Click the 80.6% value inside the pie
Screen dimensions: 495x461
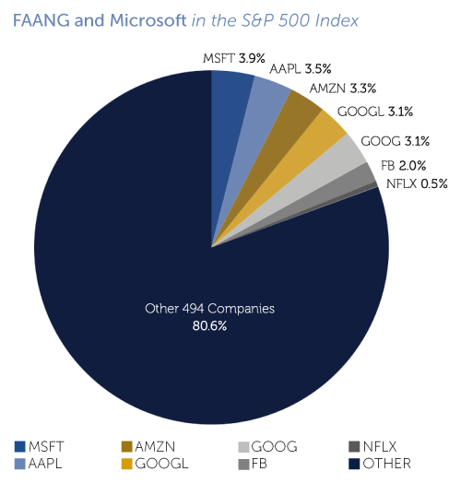click(x=210, y=325)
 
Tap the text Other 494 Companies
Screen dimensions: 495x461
click(x=210, y=308)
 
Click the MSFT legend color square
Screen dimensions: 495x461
click(x=20, y=447)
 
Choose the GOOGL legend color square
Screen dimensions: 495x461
click(x=126, y=464)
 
